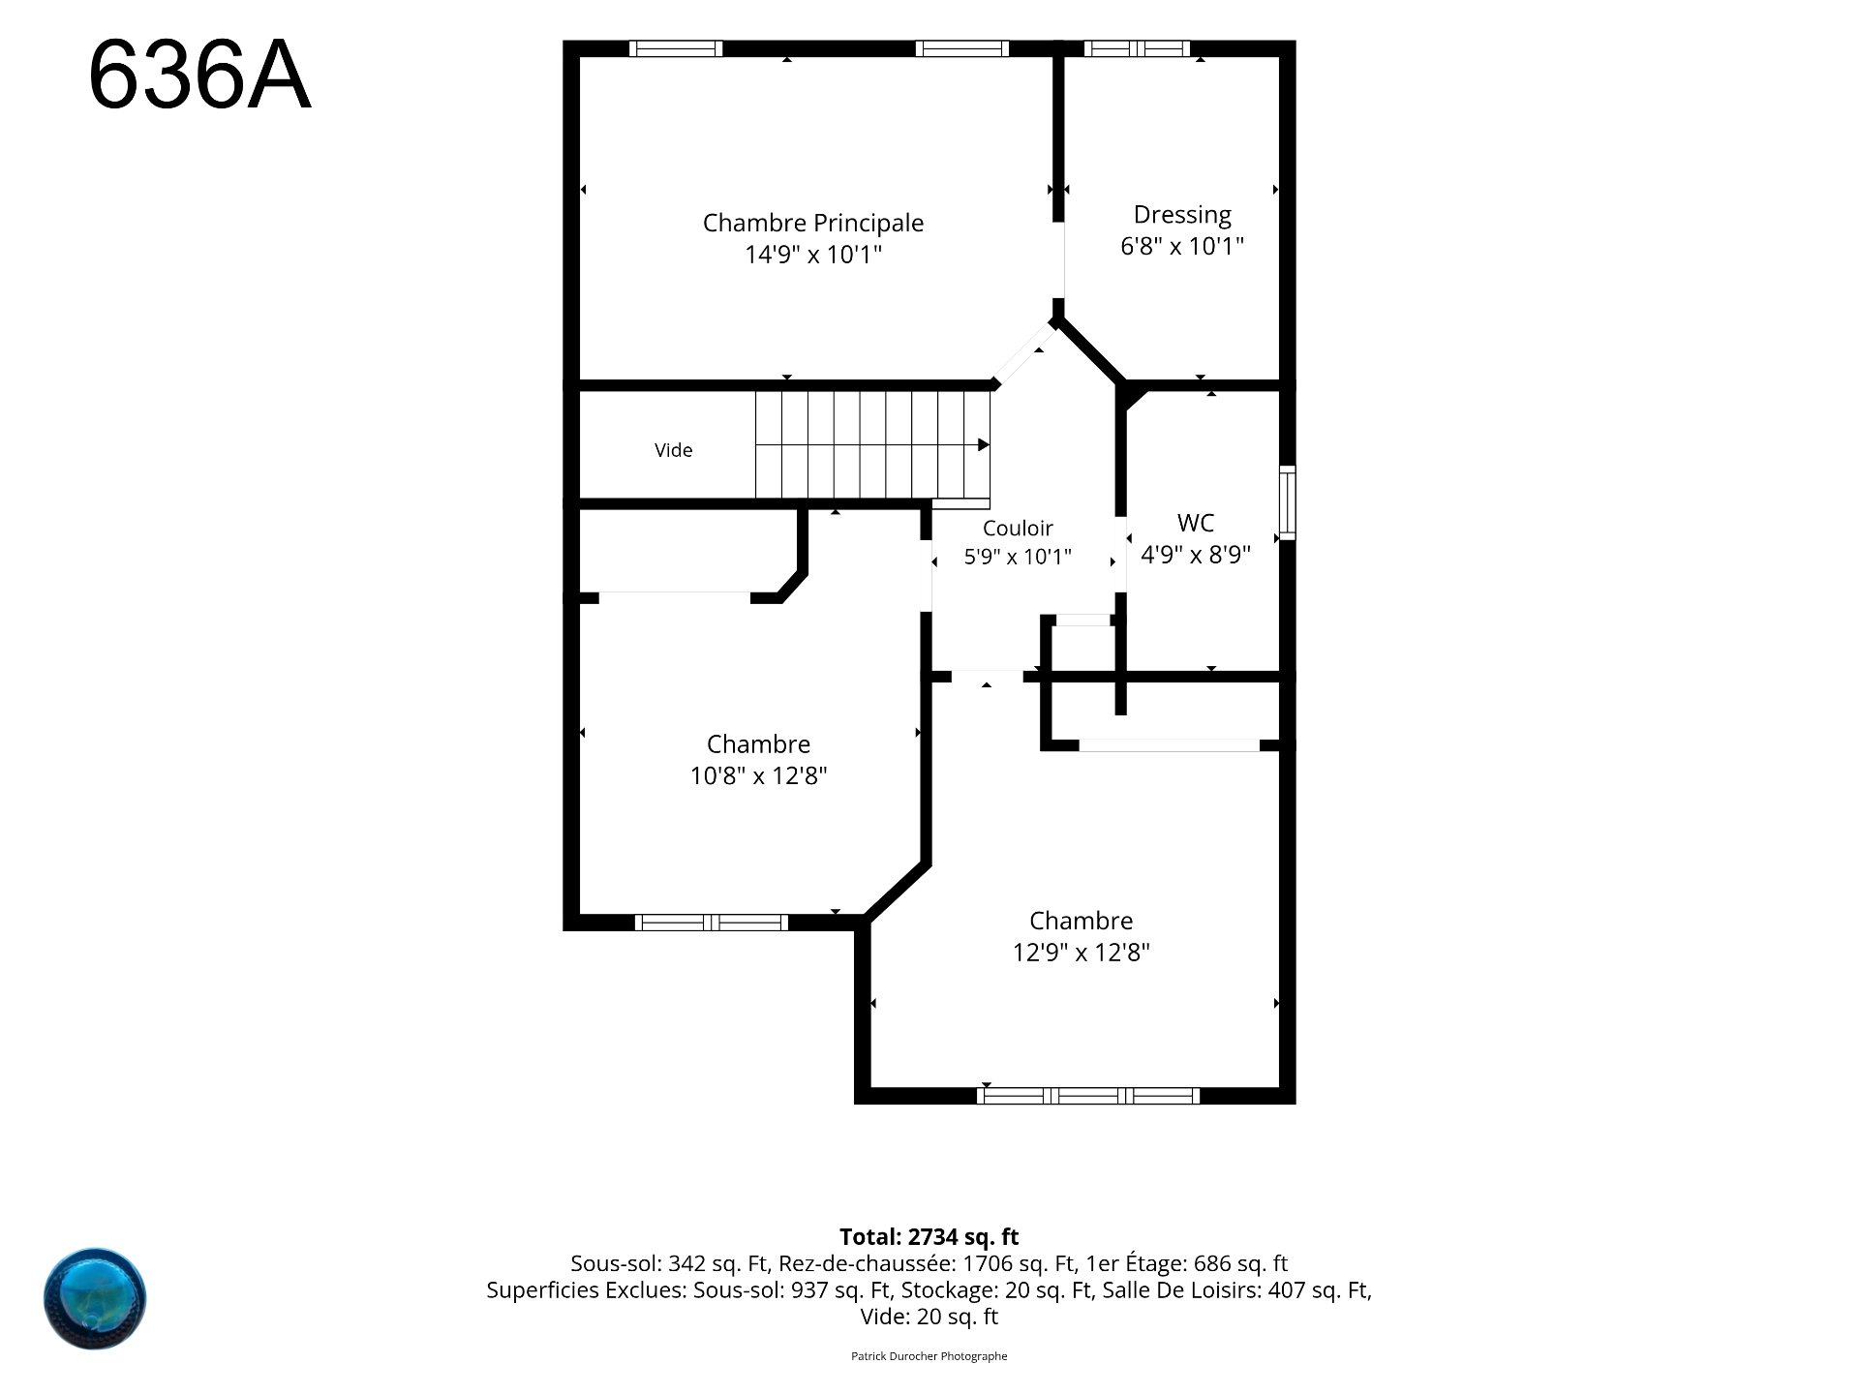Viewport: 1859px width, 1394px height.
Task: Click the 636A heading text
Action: coord(199,77)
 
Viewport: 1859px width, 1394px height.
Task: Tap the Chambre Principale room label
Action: coord(813,223)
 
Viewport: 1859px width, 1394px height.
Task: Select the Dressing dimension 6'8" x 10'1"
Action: coord(1182,246)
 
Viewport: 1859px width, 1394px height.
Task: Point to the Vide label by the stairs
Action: coord(674,450)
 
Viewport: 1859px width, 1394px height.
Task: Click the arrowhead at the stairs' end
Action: coord(984,445)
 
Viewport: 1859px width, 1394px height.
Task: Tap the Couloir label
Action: coord(1018,528)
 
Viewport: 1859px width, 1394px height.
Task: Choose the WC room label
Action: coord(1196,523)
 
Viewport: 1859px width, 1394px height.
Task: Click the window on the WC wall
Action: coord(1288,502)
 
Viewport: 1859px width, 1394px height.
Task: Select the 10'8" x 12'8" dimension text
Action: coord(758,776)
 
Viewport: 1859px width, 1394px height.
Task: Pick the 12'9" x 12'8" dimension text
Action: coord(1082,953)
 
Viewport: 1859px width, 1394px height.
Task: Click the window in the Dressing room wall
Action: coord(1137,48)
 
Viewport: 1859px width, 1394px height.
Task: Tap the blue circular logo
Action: coord(95,1298)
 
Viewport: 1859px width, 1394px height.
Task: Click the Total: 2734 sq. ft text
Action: coord(929,1237)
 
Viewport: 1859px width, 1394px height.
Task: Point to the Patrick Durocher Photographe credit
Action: coord(929,1356)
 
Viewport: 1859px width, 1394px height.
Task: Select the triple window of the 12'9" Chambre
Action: coord(1088,1096)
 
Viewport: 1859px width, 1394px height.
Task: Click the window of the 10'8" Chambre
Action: coord(712,923)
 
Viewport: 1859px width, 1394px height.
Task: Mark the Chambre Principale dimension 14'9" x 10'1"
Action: coord(813,255)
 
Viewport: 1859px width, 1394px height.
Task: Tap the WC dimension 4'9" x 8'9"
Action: coord(1196,555)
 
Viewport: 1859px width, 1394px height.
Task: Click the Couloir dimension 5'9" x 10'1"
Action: coord(1018,558)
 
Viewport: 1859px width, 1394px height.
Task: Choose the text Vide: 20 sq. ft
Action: coord(929,1317)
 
